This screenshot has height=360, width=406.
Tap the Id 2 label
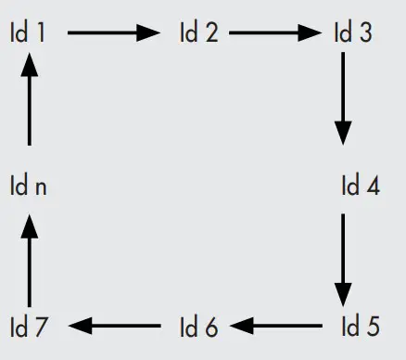(x=198, y=33)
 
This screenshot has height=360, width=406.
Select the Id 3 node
(x=352, y=33)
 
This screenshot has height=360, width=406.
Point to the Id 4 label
(x=360, y=186)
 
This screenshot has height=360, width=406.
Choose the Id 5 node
(x=360, y=327)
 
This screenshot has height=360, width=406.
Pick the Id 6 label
(x=198, y=327)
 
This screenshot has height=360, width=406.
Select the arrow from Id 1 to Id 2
(x=113, y=33)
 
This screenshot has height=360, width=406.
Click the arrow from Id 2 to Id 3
(x=275, y=33)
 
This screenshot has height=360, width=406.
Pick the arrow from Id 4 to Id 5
(x=344, y=262)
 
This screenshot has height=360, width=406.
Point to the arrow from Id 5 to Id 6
(x=279, y=326)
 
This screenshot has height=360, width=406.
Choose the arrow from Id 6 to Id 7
(x=115, y=326)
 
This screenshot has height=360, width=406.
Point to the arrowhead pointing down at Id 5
(x=344, y=295)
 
